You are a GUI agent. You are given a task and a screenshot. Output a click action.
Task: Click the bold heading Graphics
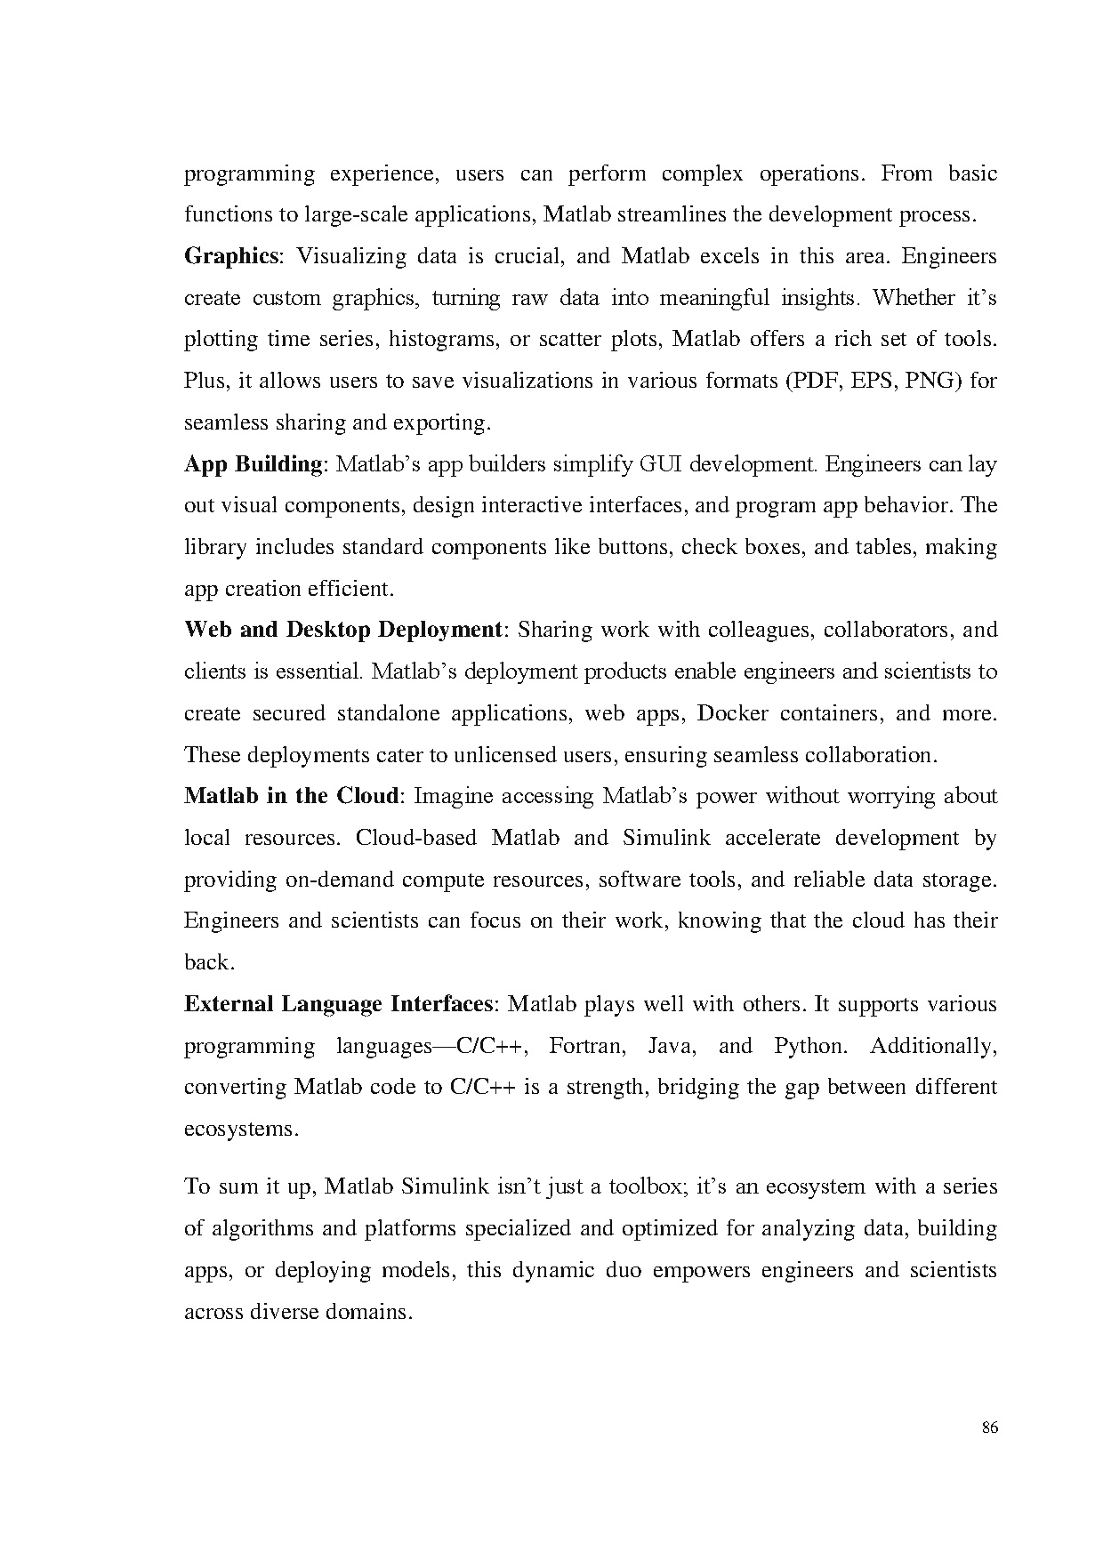pyautogui.click(x=230, y=257)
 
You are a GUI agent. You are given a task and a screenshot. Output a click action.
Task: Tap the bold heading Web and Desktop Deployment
pyautogui.click(x=343, y=631)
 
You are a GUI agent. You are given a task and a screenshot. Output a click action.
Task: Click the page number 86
pyautogui.click(x=990, y=1428)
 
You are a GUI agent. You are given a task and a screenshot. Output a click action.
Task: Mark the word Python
pyautogui.click(x=809, y=1046)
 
